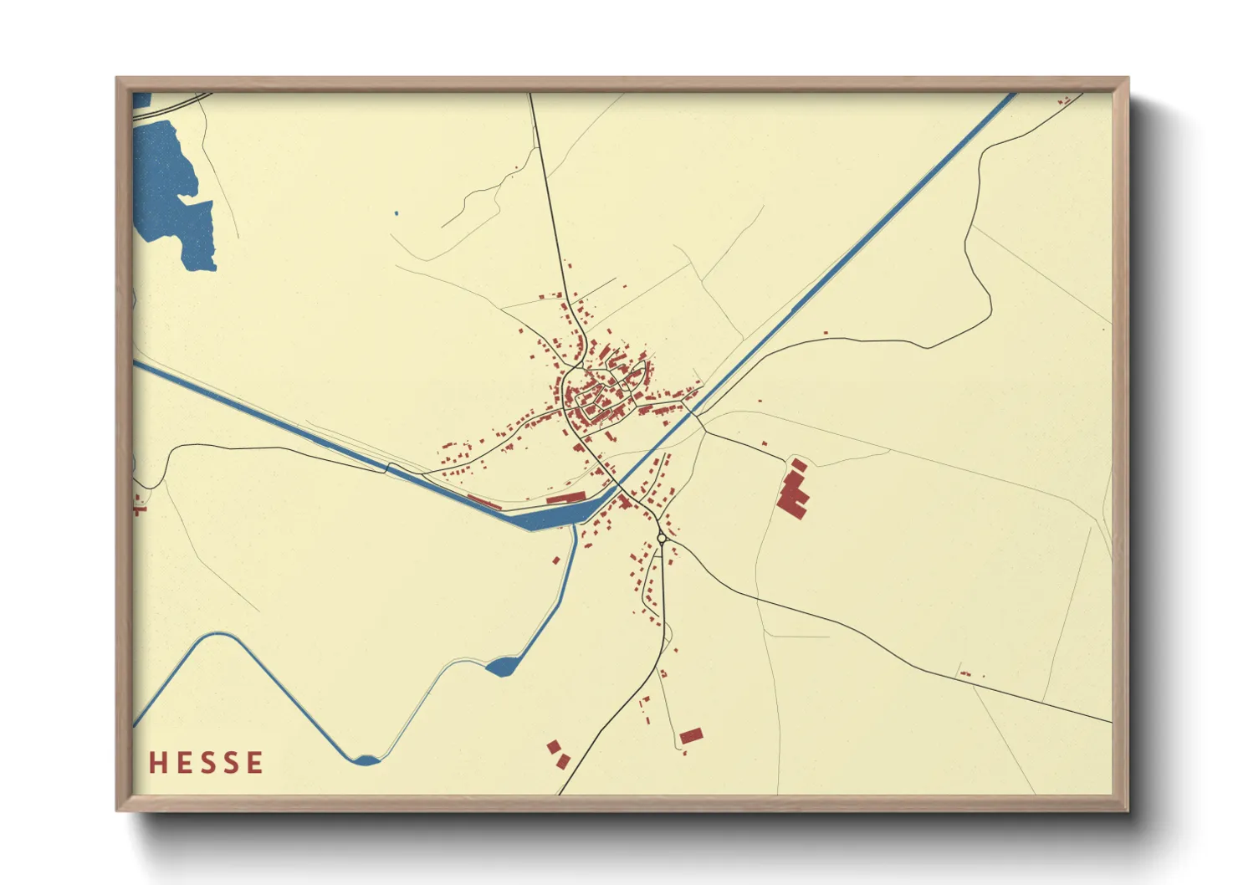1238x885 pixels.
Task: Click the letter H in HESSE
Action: tap(157, 763)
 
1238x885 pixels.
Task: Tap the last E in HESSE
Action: tap(255, 763)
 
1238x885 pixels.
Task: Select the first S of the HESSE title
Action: tap(206, 763)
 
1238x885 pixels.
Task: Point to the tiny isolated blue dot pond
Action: tap(396, 213)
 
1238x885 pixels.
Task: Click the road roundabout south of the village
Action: tap(662, 539)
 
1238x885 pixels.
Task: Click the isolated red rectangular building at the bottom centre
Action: tap(691, 736)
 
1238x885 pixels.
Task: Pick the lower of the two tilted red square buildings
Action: tap(563, 761)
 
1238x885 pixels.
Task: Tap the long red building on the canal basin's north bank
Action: tap(566, 498)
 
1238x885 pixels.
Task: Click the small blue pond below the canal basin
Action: tap(501, 667)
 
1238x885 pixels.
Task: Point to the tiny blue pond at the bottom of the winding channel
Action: tap(366, 760)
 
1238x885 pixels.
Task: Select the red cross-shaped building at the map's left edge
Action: tap(138, 504)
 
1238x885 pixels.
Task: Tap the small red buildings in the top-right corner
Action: tap(1064, 101)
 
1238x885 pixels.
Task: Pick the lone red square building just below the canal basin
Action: tap(555, 560)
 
